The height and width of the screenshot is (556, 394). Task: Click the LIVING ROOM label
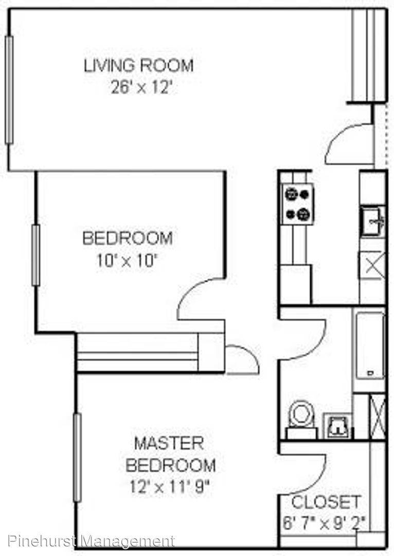[138, 65]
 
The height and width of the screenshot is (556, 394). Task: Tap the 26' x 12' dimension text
[141, 87]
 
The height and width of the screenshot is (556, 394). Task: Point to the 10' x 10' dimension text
[127, 262]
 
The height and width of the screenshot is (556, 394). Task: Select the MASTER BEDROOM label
[170, 454]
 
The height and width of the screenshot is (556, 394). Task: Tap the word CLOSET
[326, 502]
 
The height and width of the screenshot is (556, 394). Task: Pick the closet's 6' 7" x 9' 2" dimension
[324, 523]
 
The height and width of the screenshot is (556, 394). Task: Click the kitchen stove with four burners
[297, 204]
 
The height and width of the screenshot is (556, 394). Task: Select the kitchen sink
[373, 222]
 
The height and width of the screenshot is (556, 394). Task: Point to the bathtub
[370, 346]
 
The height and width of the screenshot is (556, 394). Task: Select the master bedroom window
[77, 458]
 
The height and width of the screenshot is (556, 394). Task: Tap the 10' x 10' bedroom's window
[36, 255]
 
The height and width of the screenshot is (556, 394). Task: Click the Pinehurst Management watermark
[91, 542]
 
